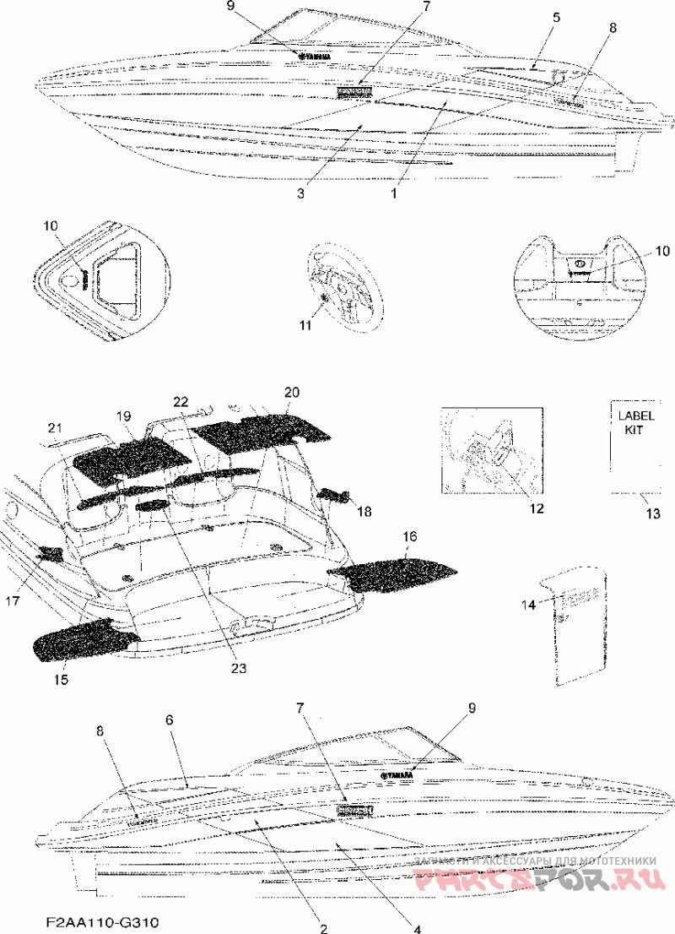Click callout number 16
click(x=408, y=537)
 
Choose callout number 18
click(x=364, y=512)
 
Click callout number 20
click(x=291, y=393)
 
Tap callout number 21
click(x=55, y=426)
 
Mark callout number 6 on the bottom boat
click(x=170, y=720)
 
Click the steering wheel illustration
click(x=337, y=283)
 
